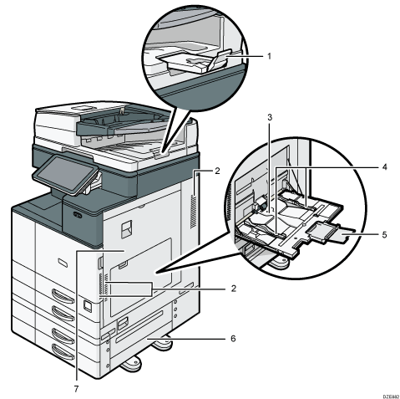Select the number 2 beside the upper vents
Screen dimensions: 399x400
[215, 171]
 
